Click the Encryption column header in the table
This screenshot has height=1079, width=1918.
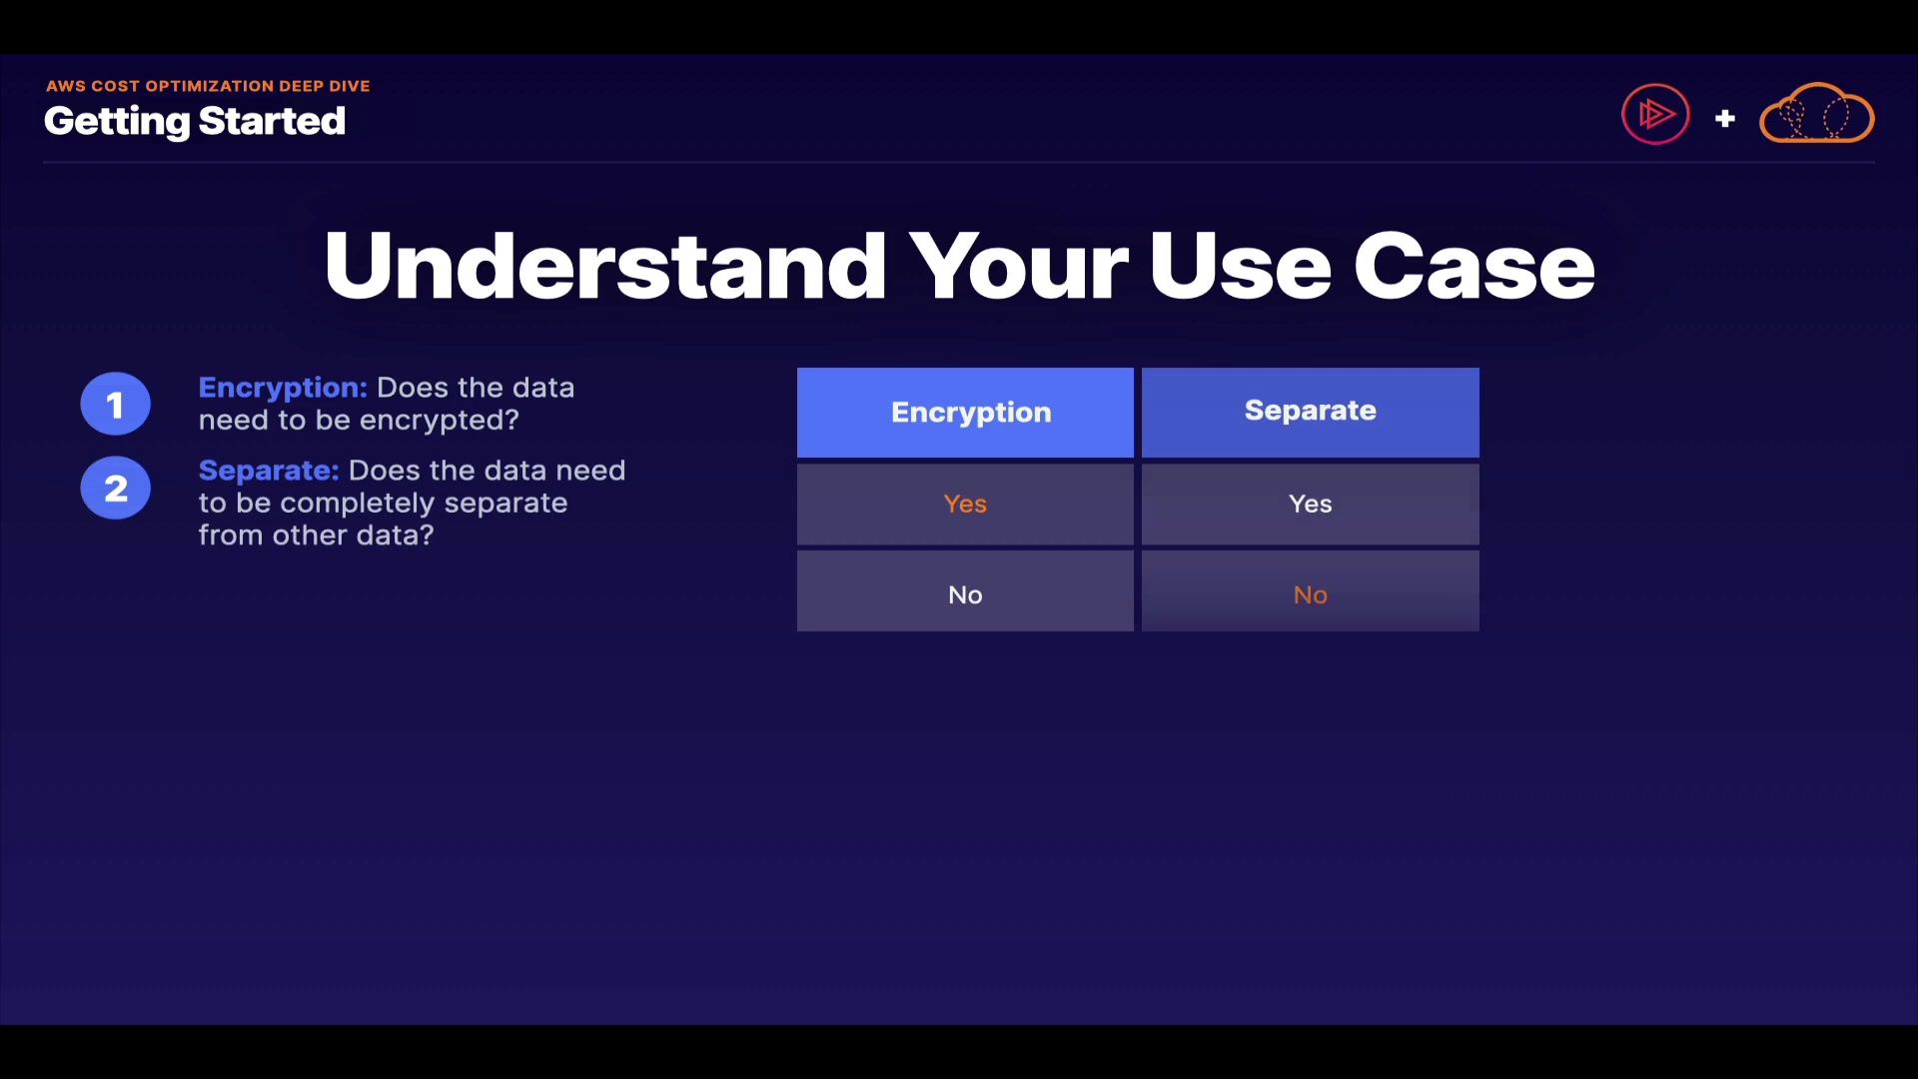pyautogui.click(x=965, y=413)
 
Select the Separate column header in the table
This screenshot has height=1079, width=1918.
pyautogui.click(x=1311, y=413)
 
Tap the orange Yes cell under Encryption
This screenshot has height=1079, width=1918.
pyautogui.click(x=965, y=505)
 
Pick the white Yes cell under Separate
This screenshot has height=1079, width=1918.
pyautogui.click(x=1311, y=505)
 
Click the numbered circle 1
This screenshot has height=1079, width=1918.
pyautogui.click(x=116, y=404)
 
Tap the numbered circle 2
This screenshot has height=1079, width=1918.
pyautogui.click(x=116, y=488)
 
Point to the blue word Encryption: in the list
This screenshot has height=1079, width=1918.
pyautogui.click(x=283, y=389)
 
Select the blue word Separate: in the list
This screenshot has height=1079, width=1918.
pyautogui.click(x=269, y=471)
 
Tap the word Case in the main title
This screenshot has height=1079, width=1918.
pyautogui.click(x=1474, y=266)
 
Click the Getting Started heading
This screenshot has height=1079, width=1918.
pyautogui.click(x=195, y=122)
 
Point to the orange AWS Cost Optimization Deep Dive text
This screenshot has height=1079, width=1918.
pyautogui.click(x=208, y=86)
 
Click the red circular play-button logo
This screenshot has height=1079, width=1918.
pyautogui.click(x=1655, y=114)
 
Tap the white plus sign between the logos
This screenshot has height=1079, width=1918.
pyautogui.click(x=1725, y=119)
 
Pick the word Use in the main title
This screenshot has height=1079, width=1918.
pyautogui.click(x=1241, y=266)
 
